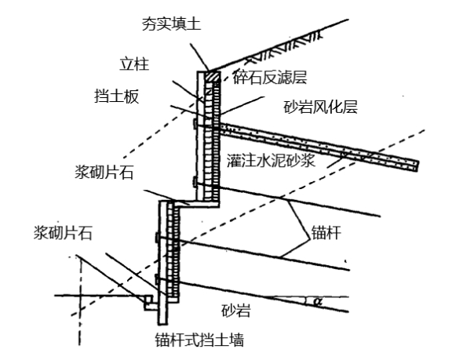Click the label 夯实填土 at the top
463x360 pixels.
pos(171,24)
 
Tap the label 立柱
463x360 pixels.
pos(134,64)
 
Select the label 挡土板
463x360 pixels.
pos(116,96)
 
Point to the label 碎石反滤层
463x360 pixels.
pos(270,78)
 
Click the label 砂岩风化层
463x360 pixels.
pos(321,107)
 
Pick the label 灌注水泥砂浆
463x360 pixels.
pos(271,161)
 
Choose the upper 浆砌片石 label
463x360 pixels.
pos(104,172)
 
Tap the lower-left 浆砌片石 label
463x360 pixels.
pos(63,233)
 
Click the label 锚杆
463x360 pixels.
pos(326,232)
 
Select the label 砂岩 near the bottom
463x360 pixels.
pos(236,310)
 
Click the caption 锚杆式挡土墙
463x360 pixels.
pos(199,340)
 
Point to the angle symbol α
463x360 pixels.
pos(317,302)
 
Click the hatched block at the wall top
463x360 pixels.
pos(213,76)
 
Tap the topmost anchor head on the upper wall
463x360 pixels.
pos(195,124)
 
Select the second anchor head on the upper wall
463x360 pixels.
pos(195,181)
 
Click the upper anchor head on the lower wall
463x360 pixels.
pos(157,238)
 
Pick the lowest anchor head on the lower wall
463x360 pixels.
pos(157,279)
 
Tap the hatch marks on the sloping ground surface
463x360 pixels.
pos(283,47)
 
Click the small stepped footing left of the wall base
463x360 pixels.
pos(149,303)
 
